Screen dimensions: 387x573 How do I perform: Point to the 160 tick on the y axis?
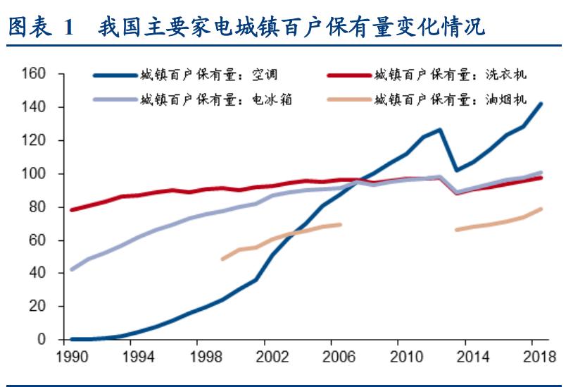point(33,73)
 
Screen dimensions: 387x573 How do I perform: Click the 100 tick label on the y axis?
point(33,173)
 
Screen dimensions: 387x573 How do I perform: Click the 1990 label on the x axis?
point(71,357)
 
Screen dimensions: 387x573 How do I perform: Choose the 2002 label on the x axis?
point(274,357)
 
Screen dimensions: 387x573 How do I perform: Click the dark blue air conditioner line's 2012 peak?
point(439,130)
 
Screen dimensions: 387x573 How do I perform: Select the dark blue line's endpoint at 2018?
point(541,104)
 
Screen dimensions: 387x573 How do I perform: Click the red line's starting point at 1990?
point(72,209)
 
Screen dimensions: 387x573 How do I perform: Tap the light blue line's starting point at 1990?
point(72,269)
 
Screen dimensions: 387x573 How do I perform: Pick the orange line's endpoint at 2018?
point(541,209)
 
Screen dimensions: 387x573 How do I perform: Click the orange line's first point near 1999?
point(223,259)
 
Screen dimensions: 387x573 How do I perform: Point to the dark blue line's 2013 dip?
point(456,170)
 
